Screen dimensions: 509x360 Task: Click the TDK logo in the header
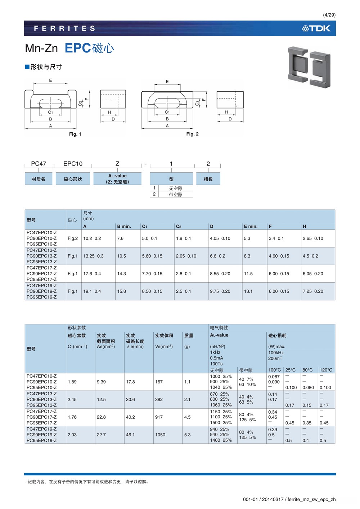(316, 28)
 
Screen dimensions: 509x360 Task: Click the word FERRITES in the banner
(65, 28)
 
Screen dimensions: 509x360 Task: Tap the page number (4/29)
(329, 15)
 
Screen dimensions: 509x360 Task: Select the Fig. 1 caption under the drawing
(75, 134)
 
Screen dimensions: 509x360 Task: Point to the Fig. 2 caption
(192, 134)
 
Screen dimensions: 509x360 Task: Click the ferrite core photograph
(309, 67)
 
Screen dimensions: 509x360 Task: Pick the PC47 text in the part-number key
(39, 164)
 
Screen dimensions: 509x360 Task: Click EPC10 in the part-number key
(73, 164)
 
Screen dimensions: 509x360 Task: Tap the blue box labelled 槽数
(208, 179)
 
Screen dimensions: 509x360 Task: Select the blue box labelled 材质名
(39, 179)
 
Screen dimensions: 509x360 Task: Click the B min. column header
(124, 226)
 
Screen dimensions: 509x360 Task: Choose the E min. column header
(251, 226)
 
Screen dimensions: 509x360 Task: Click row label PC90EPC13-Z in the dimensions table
(41, 256)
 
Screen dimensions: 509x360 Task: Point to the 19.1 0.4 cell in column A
(92, 291)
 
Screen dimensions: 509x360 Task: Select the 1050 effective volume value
(160, 435)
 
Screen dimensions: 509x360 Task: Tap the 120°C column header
(326, 370)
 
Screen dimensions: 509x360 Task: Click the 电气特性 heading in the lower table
(219, 328)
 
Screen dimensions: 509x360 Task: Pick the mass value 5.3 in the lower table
(188, 435)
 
